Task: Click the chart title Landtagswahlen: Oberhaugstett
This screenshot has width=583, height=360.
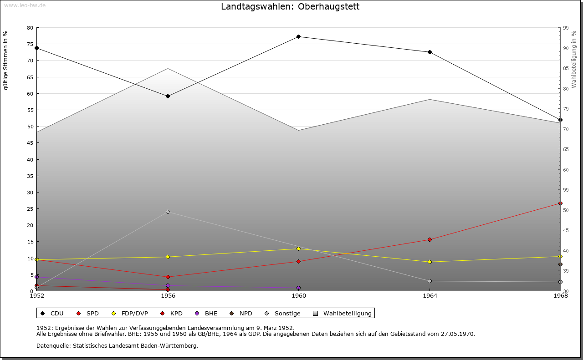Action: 290,7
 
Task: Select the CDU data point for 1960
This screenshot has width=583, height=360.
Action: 298,36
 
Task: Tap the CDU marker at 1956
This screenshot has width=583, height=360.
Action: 168,96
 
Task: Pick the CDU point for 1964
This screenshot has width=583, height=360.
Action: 430,52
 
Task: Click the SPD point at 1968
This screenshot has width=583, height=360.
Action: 560,203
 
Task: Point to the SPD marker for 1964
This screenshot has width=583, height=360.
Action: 430,239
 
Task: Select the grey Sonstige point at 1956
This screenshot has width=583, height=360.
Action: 168,212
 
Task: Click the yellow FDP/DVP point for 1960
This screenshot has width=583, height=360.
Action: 298,248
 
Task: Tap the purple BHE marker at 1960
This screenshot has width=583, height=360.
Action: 298,288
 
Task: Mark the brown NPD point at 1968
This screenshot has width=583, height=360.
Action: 560,264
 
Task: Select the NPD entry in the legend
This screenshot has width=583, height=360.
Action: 241,313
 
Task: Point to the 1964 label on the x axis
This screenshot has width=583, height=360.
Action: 430,296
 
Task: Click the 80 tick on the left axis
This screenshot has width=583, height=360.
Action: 30,28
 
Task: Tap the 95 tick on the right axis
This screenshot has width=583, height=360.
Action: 566,28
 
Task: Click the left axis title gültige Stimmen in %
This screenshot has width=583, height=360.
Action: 6,60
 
